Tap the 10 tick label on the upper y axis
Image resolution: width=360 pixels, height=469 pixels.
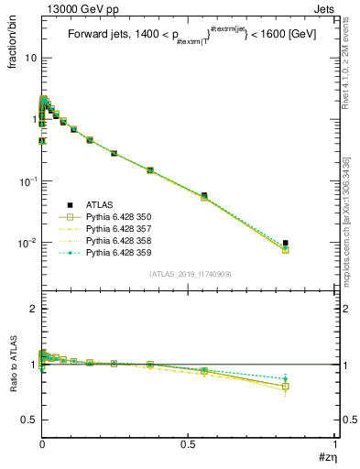(x=28, y=58)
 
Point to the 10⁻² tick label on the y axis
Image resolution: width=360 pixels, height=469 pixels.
(x=27, y=243)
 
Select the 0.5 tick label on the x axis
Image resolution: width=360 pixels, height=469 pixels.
(x=189, y=444)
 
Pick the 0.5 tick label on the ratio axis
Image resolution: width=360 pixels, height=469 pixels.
(x=28, y=420)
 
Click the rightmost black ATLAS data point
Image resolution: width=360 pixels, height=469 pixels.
(x=286, y=243)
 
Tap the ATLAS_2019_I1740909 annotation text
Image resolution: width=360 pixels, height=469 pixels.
(x=189, y=275)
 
